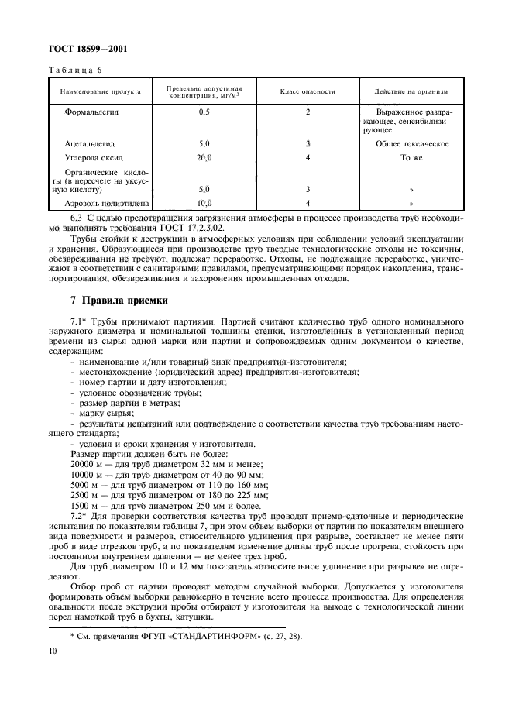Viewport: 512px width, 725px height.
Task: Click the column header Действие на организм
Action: click(411, 91)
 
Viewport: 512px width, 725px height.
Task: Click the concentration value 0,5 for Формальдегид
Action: click(204, 112)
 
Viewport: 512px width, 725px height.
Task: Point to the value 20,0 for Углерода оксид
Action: click(204, 157)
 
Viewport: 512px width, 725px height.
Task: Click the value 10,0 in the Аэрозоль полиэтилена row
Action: click(204, 203)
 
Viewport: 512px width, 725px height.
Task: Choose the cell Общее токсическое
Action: click(412, 144)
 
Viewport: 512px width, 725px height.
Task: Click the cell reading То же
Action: click(411, 157)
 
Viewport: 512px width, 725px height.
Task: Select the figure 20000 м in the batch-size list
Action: click(86, 463)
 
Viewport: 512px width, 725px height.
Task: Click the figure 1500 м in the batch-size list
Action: click(84, 503)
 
